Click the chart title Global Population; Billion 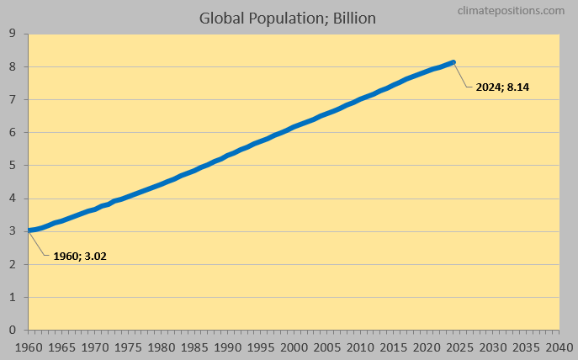click(288, 17)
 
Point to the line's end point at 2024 click(453, 62)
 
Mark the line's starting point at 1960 click(29, 230)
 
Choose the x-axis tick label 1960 click(29, 347)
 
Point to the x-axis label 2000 click(294, 347)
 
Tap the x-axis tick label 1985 click(194, 347)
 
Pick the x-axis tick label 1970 click(95, 347)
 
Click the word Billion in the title click(353, 17)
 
